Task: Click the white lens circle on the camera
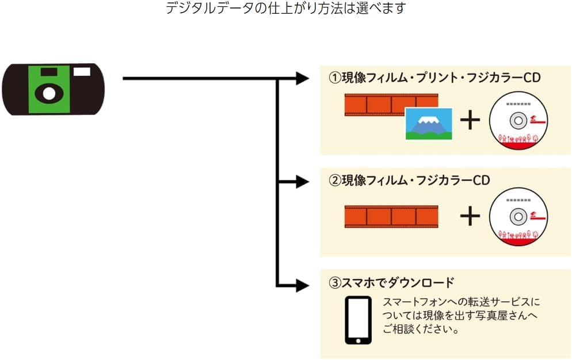(x=49, y=94)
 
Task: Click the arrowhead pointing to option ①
(x=302, y=79)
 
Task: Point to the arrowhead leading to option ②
(x=302, y=182)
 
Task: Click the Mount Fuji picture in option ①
(x=429, y=123)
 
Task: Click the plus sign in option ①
(x=470, y=120)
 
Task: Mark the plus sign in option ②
(x=470, y=216)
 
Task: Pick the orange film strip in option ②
(x=391, y=216)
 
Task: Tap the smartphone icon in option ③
(x=358, y=320)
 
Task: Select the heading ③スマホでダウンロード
(x=391, y=283)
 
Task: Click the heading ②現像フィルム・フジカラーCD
(x=409, y=181)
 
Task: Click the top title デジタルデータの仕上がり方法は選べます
(x=286, y=9)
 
